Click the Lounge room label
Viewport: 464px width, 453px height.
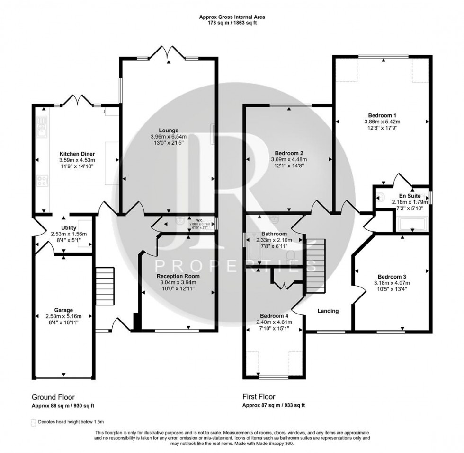click(168, 130)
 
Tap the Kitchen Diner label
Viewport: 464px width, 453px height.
click(77, 154)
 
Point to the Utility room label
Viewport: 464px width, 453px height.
click(62, 228)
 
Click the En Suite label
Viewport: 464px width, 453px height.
click(408, 195)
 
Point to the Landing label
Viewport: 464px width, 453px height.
click(328, 311)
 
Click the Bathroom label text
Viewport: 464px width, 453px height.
click(274, 234)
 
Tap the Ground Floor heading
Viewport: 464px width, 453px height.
click(53, 397)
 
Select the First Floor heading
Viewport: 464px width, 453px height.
click(259, 397)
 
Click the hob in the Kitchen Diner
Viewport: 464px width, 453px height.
click(42, 182)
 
